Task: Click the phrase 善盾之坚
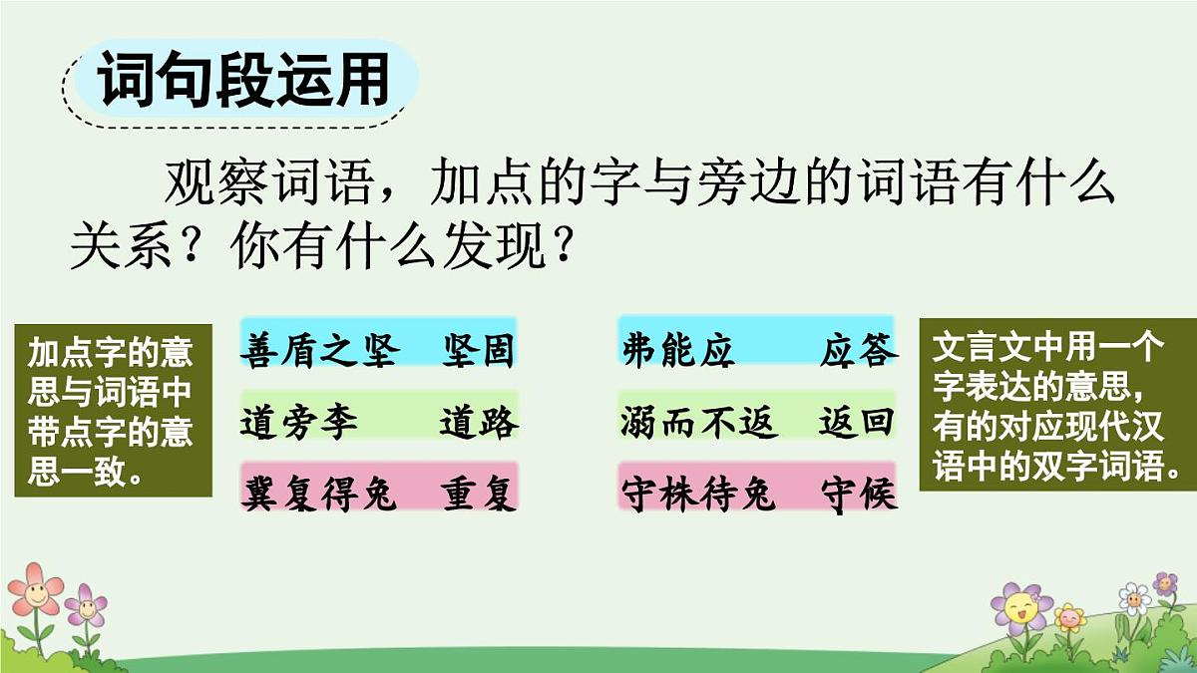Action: (319, 351)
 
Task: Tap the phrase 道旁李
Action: (299, 423)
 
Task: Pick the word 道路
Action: (479, 423)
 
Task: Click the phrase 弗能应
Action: (678, 351)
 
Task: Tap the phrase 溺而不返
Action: (698, 423)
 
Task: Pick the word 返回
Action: (858, 423)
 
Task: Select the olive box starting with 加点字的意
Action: (113, 410)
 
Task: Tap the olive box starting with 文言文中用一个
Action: (1056, 403)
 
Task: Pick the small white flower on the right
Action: (1134, 598)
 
